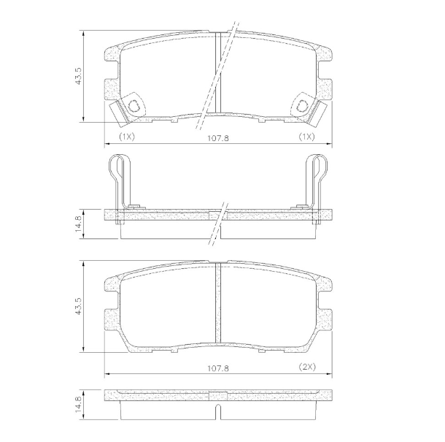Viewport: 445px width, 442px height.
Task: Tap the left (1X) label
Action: [127, 137]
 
